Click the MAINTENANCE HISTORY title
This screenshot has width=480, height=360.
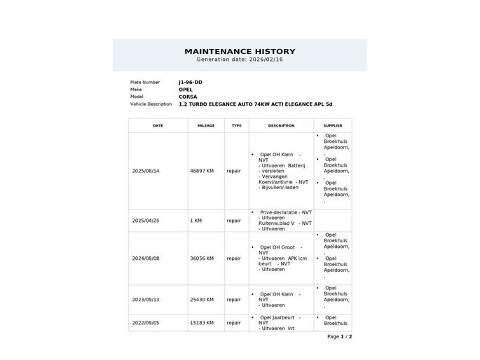240,51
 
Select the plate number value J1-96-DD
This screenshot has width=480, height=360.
191,82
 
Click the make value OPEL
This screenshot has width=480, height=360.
186,90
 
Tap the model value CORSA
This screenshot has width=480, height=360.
188,97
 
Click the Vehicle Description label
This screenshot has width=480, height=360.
151,104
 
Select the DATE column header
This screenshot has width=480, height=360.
158,125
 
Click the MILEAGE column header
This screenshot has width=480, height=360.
206,125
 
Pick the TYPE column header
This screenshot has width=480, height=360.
236,125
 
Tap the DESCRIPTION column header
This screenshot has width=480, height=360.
281,125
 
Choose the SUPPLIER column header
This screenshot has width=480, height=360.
333,125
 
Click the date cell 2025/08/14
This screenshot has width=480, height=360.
146,170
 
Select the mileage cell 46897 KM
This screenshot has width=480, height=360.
202,170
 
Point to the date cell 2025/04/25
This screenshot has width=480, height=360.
146,220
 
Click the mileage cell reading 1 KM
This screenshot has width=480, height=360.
196,220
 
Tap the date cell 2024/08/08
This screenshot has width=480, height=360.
146,258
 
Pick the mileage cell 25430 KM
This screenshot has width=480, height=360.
202,299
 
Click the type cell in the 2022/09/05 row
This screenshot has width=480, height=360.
233,323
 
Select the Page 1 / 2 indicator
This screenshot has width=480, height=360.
339,336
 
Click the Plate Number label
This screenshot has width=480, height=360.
145,82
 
